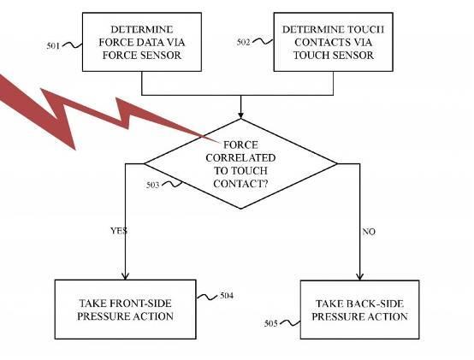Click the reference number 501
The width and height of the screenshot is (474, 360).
(53, 46)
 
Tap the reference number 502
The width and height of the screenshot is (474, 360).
(243, 42)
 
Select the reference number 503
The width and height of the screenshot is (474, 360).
(152, 185)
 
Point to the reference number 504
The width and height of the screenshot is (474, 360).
(227, 295)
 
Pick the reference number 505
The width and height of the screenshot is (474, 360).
(271, 323)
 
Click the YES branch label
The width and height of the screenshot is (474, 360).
(118, 231)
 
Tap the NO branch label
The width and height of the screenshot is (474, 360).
(369, 232)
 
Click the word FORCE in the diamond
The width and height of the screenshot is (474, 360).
(240, 145)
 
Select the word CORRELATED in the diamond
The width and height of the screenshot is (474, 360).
(240, 158)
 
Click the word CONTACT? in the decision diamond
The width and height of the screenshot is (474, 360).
(240, 184)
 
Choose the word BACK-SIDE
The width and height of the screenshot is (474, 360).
(375, 304)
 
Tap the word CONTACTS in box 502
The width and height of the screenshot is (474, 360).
(319, 42)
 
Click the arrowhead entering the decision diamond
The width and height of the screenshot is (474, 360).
(240, 115)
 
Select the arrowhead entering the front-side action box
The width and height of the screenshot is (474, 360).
(125, 276)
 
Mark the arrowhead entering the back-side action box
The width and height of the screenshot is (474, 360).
(359, 276)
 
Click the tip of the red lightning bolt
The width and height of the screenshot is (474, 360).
(220, 141)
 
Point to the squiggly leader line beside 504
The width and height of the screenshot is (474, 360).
(207, 297)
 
